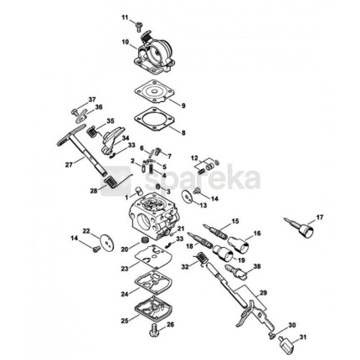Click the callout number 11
[x=125, y=18]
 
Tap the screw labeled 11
[x=138, y=27]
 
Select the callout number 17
[x=320, y=217]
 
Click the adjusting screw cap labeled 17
[x=300, y=228]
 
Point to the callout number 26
[x=170, y=325]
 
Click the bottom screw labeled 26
[x=154, y=331]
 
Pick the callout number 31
[x=302, y=337]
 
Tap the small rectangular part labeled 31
[x=285, y=342]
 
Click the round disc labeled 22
[x=108, y=241]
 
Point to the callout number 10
[x=126, y=43]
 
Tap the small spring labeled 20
[x=145, y=240]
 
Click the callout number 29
[x=263, y=293]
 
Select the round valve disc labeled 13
[x=187, y=196]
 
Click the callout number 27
[x=69, y=165]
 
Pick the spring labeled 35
[x=92, y=131]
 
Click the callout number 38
[x=257, y=266]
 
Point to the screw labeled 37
[x=75, y=112]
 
